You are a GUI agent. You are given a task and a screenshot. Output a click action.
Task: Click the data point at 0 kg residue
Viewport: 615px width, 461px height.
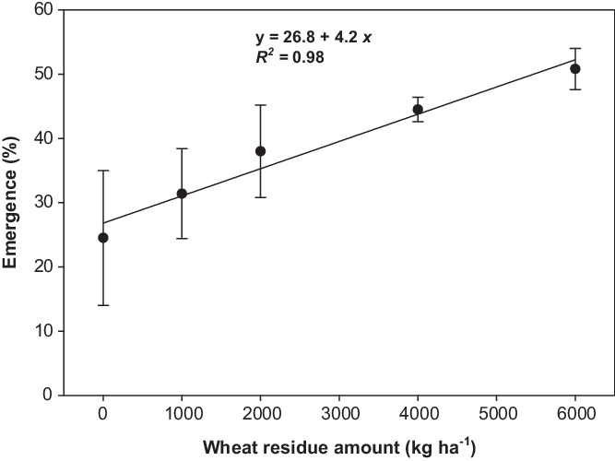103,238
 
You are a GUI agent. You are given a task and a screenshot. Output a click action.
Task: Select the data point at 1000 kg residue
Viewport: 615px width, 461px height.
182,194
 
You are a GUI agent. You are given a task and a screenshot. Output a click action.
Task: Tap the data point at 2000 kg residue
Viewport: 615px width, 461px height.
260,151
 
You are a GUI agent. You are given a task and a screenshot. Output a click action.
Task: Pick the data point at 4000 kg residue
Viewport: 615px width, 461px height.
418,109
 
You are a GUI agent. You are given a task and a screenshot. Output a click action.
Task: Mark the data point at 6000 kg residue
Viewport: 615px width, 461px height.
575,68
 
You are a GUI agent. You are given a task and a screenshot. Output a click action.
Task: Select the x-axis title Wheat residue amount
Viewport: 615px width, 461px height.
338,449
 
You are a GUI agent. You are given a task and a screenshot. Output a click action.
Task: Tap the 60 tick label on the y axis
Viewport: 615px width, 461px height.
40,10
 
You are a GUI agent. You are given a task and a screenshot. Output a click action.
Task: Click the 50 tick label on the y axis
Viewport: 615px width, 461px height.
40,74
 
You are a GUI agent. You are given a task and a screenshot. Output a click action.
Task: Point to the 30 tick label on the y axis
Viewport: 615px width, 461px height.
40,202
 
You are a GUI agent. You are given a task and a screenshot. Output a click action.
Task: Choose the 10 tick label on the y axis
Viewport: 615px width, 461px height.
40,330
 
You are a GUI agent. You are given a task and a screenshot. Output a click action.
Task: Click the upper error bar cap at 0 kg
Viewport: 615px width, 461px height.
103,171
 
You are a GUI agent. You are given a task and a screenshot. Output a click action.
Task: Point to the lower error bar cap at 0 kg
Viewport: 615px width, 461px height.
103,305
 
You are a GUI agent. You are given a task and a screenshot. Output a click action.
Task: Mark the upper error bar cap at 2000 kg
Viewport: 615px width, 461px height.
260,105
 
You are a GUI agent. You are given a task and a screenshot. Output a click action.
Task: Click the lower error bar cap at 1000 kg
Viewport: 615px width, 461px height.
182,239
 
